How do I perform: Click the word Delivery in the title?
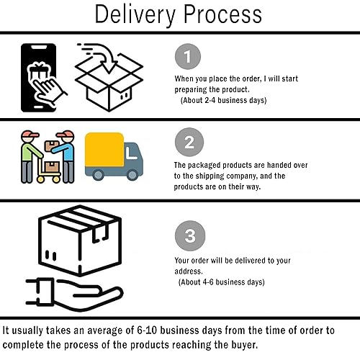135,15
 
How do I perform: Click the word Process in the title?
222,14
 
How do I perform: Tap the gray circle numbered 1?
188,56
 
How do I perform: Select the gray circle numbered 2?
189,142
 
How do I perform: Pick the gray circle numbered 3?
190,235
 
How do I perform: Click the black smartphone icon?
38,78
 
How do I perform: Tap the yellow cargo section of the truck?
104,150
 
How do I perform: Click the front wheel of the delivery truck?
132,174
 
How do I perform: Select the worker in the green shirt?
31,157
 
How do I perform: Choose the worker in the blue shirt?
64,157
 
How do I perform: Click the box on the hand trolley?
52,166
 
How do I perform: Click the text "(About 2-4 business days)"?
223,100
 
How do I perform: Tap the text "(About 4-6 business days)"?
221,282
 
